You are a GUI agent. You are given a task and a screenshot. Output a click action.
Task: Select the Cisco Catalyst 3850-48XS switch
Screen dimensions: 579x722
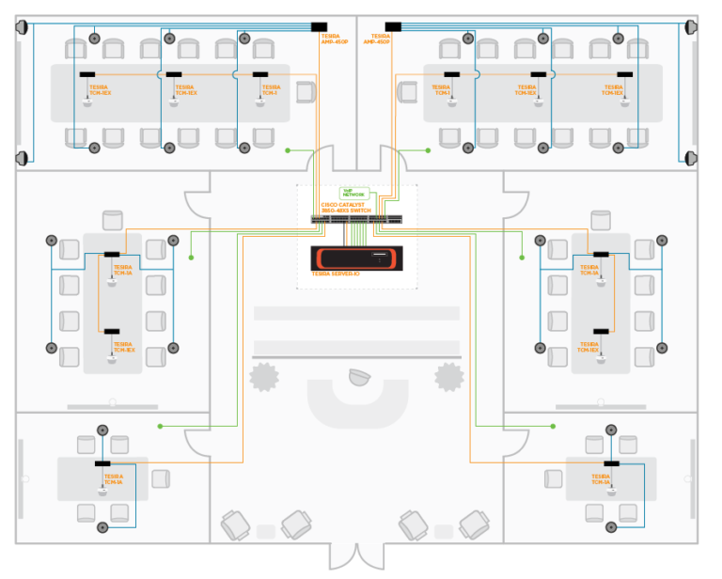point(358,220)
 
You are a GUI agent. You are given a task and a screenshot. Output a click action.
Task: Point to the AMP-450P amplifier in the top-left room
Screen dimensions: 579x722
point(319,26)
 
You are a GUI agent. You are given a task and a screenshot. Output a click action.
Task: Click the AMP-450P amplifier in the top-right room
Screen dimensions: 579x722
point(394,26)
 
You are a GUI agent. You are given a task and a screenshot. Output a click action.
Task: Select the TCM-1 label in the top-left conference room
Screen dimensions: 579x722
point(270,90)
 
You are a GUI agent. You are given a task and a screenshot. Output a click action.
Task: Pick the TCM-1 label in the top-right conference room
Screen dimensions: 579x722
point(442,90)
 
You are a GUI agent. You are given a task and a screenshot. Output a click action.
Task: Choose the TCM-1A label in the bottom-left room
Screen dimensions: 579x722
point(113,478)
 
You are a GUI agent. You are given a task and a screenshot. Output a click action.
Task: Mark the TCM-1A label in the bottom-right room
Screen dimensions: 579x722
point(601,478)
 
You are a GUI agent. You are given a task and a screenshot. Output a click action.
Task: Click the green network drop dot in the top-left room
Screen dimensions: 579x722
point(288,149)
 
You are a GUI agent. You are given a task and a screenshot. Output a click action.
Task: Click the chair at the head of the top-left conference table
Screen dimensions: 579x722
point(306,91)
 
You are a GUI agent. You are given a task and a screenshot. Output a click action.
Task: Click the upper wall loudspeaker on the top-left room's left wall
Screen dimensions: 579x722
point(23,26)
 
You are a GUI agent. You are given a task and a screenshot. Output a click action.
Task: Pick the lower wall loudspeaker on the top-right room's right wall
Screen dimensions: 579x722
point(691,157)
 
